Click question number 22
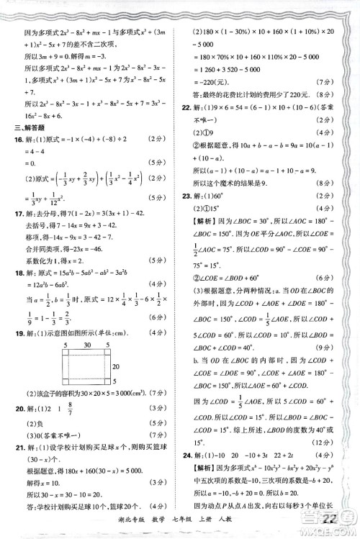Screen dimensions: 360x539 pos(189,106)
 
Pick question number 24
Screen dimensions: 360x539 pos(189,475)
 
